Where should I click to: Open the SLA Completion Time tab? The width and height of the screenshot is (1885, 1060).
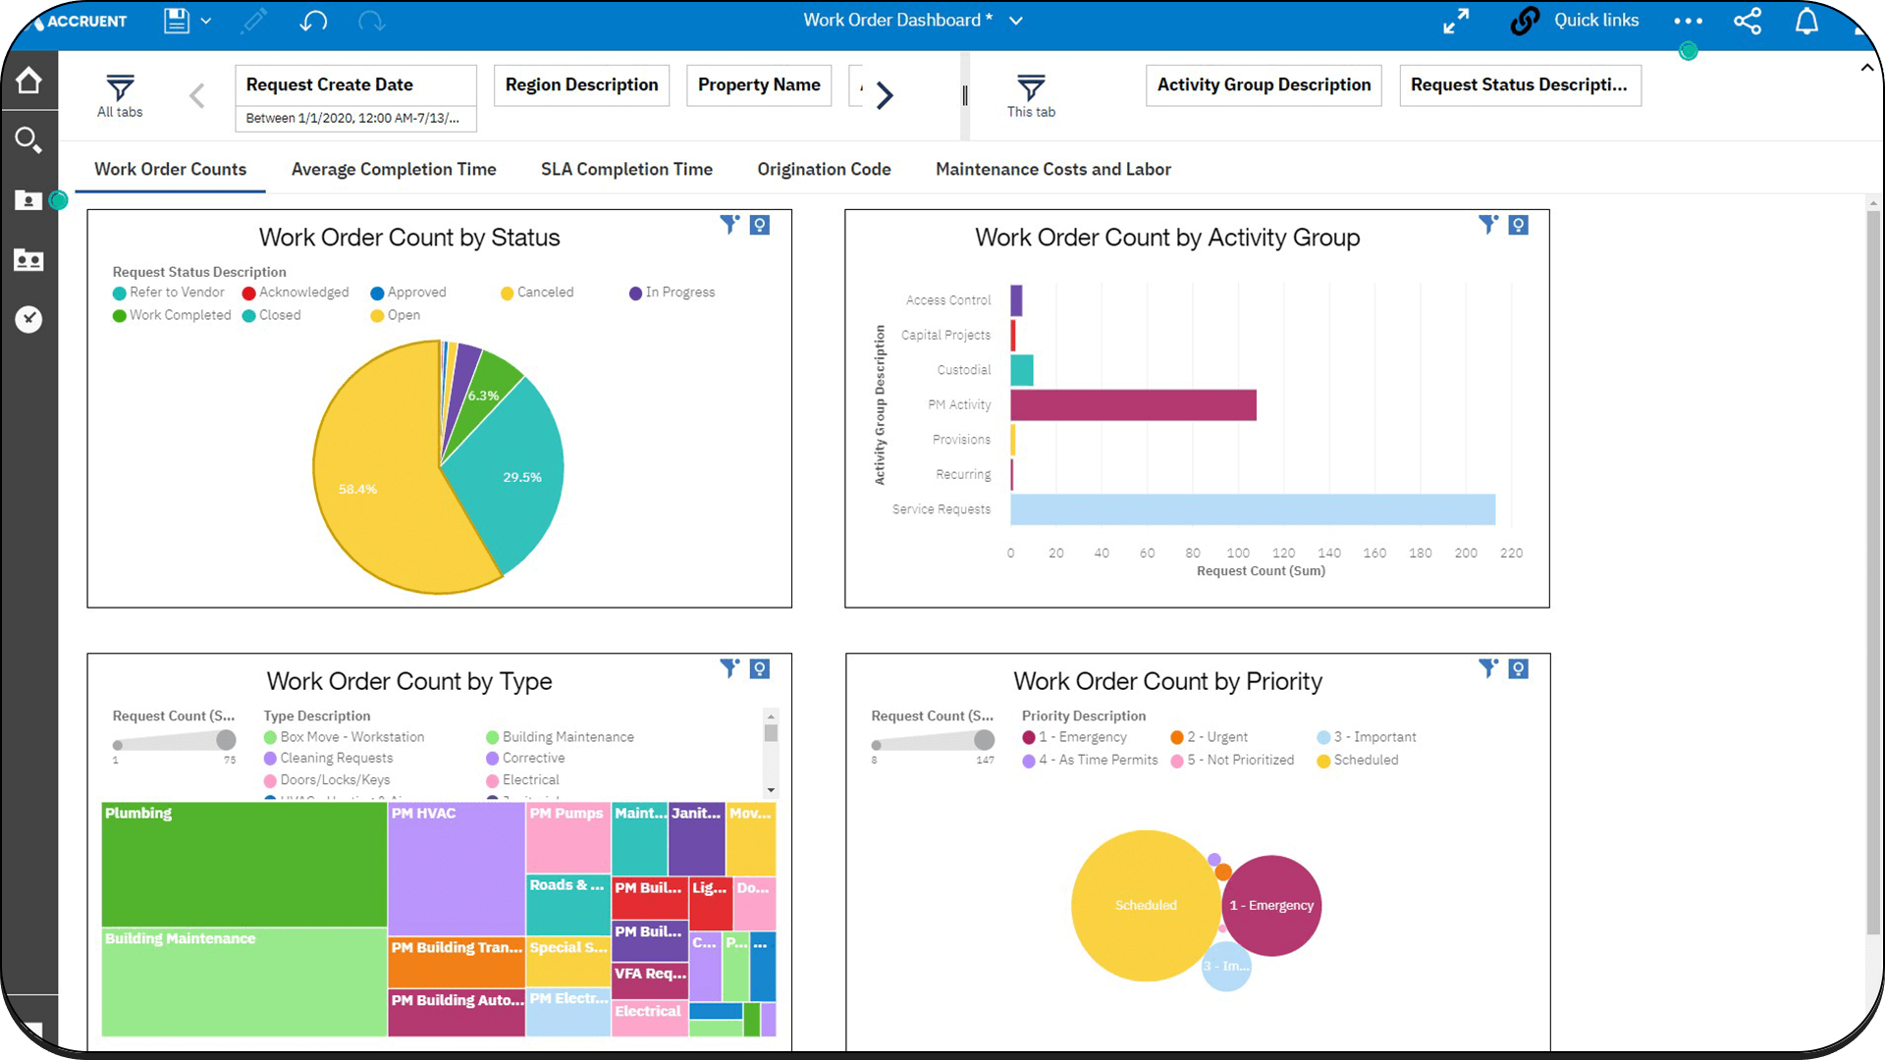click(626, 169)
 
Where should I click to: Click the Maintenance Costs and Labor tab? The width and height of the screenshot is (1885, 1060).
click(1052, 169)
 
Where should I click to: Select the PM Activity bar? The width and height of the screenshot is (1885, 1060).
click(1133, 404)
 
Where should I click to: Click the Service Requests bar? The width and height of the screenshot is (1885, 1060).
click(1252, 509)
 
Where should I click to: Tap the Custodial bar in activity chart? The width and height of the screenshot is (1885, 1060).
click(1022, 370)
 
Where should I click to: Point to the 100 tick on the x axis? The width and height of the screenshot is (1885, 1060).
click(1238, 554)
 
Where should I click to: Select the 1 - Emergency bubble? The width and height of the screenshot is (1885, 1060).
click(1271, 905)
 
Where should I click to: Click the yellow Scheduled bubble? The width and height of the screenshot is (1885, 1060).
click(1145, 905)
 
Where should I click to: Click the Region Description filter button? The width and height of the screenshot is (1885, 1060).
click(581, 85)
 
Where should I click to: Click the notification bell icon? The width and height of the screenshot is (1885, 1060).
click(1806, 21)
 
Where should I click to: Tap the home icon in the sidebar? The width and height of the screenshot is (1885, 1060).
click(28, 80)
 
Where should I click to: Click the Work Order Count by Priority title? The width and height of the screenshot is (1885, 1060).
click(1167, 681)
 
